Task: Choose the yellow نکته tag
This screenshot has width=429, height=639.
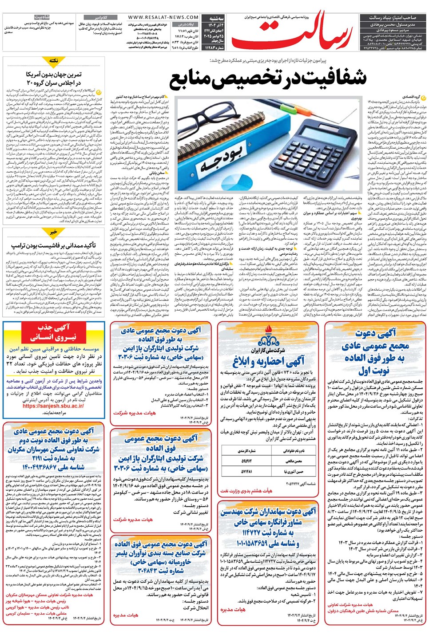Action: pos(54,60)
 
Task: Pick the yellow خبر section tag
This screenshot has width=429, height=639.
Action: pos(54,232)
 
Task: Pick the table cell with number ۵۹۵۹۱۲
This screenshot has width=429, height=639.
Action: pos(247,461)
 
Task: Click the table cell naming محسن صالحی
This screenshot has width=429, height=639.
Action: pos(293,461)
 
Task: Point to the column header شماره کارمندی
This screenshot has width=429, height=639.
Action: pos(247,451)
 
